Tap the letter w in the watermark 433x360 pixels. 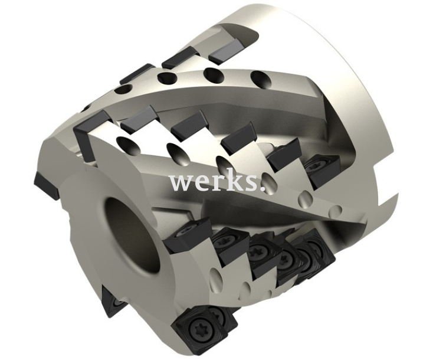180,182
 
